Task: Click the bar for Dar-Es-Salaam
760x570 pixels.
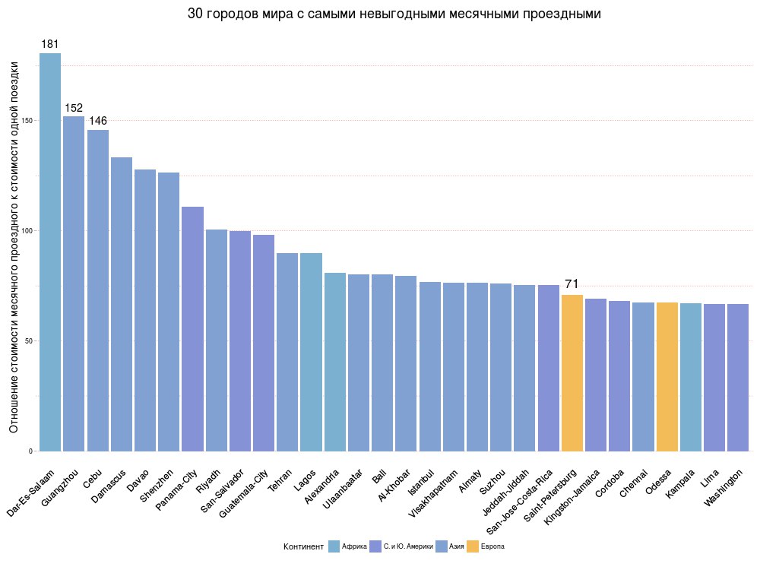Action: [x=50, y=252]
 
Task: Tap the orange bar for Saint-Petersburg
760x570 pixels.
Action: [x=572, y=372]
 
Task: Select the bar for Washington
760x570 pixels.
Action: [x=738, y=377]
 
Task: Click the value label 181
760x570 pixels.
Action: [x=50, y=44]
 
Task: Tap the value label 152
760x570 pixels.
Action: [x=74, y=108]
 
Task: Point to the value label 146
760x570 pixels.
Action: [x=98, y=121]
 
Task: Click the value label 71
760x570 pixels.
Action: [x=572, y=284]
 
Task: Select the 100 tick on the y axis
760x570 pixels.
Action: [x=27, y=230]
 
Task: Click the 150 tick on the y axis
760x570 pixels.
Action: [x=27, y=121]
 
